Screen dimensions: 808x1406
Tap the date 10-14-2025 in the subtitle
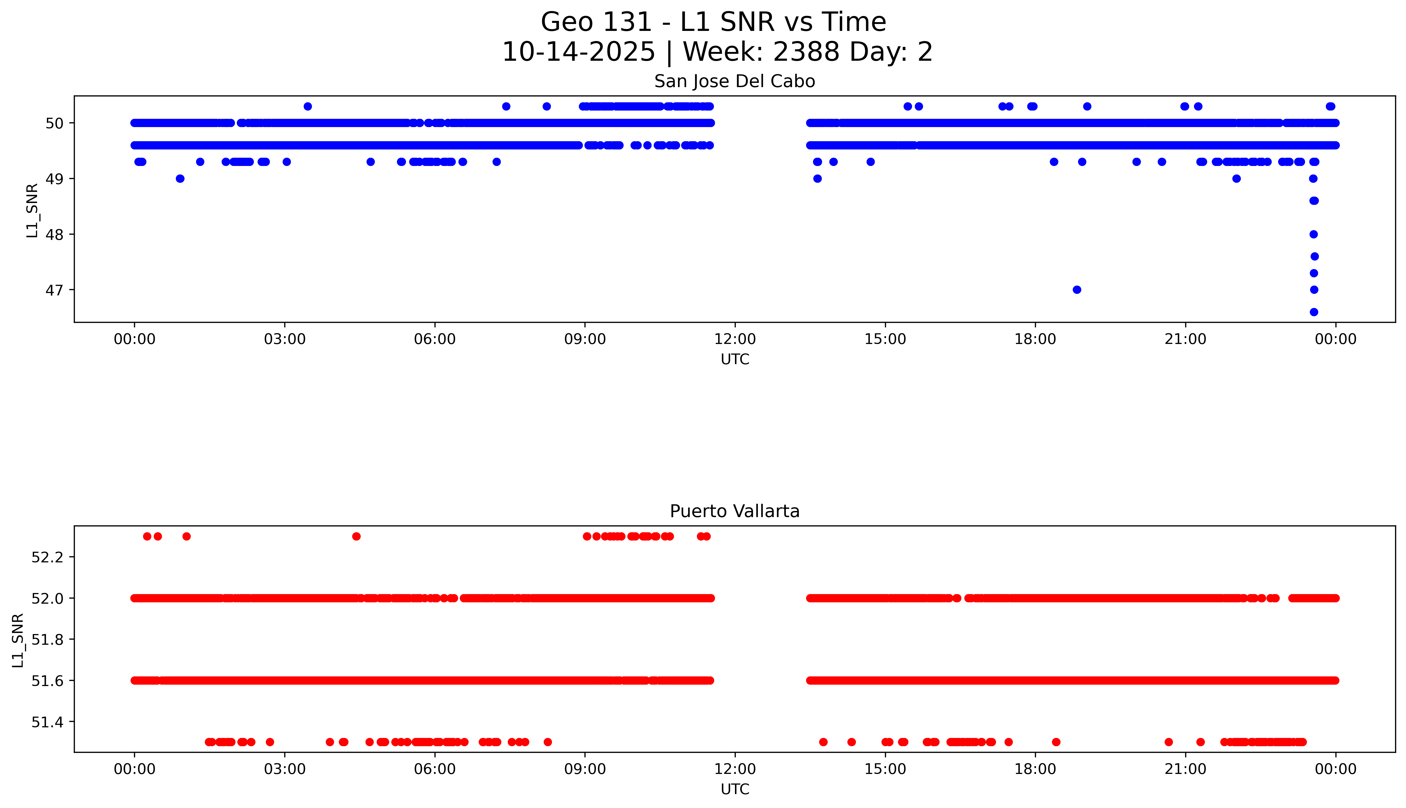pos(579,52)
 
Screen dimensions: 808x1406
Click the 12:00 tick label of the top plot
pos(735,339)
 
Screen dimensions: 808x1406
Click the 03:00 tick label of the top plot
pos(285,339)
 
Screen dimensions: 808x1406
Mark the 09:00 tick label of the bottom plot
pos(585,769)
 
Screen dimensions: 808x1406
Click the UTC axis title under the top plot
pos(735,360)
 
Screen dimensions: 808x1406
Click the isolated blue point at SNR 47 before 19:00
pos(1077,290)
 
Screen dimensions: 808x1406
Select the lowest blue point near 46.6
pos(1314,312)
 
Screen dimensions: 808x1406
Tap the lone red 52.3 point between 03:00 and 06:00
pos(356,536)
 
